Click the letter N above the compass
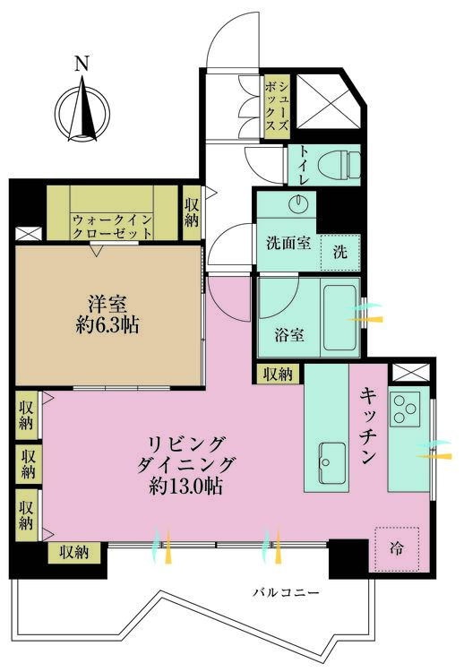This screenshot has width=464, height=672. point(82,64)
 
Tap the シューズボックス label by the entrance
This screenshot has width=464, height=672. point(277,105)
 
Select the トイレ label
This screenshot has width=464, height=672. point(305,167)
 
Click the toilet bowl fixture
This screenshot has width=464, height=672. point(342,164)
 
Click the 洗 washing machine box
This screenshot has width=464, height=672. point(340,252)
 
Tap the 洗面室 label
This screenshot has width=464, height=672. point(287,242)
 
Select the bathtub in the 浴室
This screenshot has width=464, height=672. point(340,318)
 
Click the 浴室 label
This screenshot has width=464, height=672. point(288,336)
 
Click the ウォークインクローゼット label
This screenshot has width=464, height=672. point(112,225)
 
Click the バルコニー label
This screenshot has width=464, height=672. point(286,592)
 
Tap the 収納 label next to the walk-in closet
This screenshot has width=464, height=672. point(192,213)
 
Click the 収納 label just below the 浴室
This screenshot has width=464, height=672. point(278,375)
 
